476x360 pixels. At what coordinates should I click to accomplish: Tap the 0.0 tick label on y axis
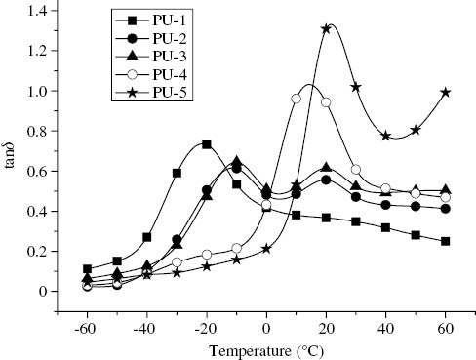(x=36, y=291)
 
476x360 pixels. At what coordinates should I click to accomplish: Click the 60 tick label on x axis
(x=447, y=323)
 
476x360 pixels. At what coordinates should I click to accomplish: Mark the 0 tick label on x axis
(x=266, y=323)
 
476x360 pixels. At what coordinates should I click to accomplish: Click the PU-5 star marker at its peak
(x=326, y=28)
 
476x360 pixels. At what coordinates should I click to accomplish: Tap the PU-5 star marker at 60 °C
(x=446, y=92)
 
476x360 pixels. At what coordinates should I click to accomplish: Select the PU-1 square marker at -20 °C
(x=207, y=144)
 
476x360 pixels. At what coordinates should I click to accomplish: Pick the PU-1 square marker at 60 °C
(x=446, y=241)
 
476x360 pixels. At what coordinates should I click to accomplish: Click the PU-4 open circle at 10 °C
(x=296, y=99)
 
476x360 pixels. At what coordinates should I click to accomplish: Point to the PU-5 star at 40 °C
(x=386, y=136)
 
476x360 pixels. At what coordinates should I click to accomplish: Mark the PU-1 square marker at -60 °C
(x=88, y=269)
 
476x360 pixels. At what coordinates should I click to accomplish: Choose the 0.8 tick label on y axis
(x=36, y=130)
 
